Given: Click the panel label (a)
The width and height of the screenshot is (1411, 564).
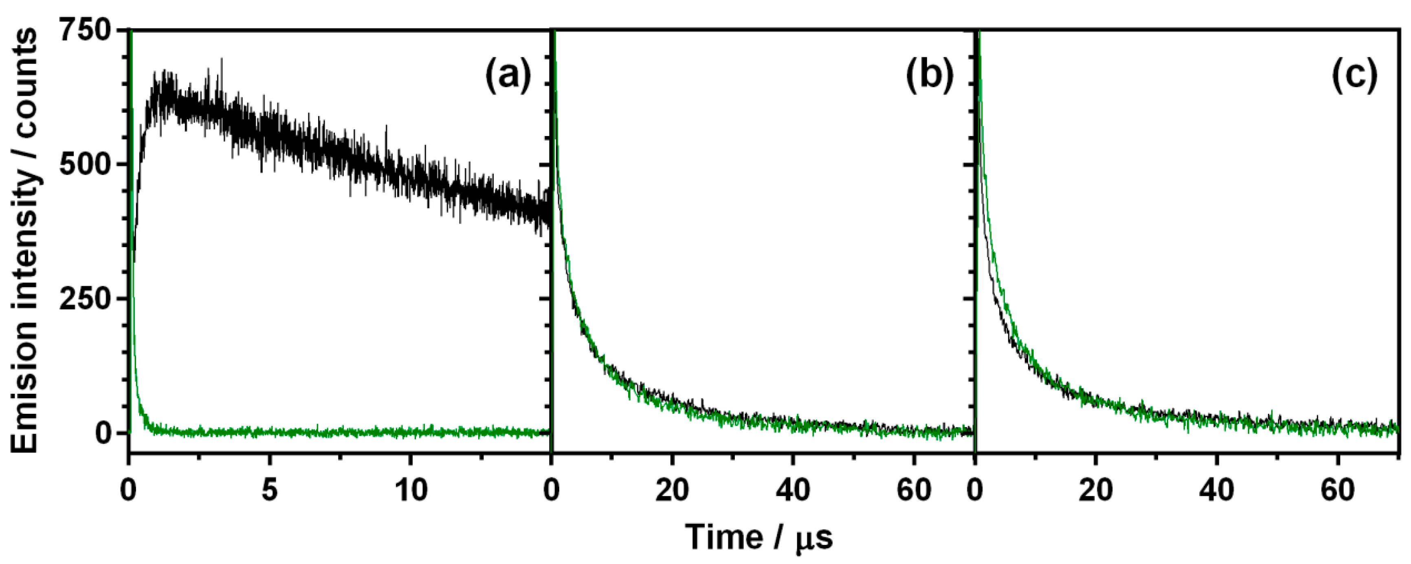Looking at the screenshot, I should point(508,76).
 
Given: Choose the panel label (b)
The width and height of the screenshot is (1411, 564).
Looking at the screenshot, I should point(930,76).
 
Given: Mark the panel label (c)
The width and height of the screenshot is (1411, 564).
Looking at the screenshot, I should point(1354,76).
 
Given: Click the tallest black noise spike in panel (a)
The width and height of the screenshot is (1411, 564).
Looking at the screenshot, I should point(221,59).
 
